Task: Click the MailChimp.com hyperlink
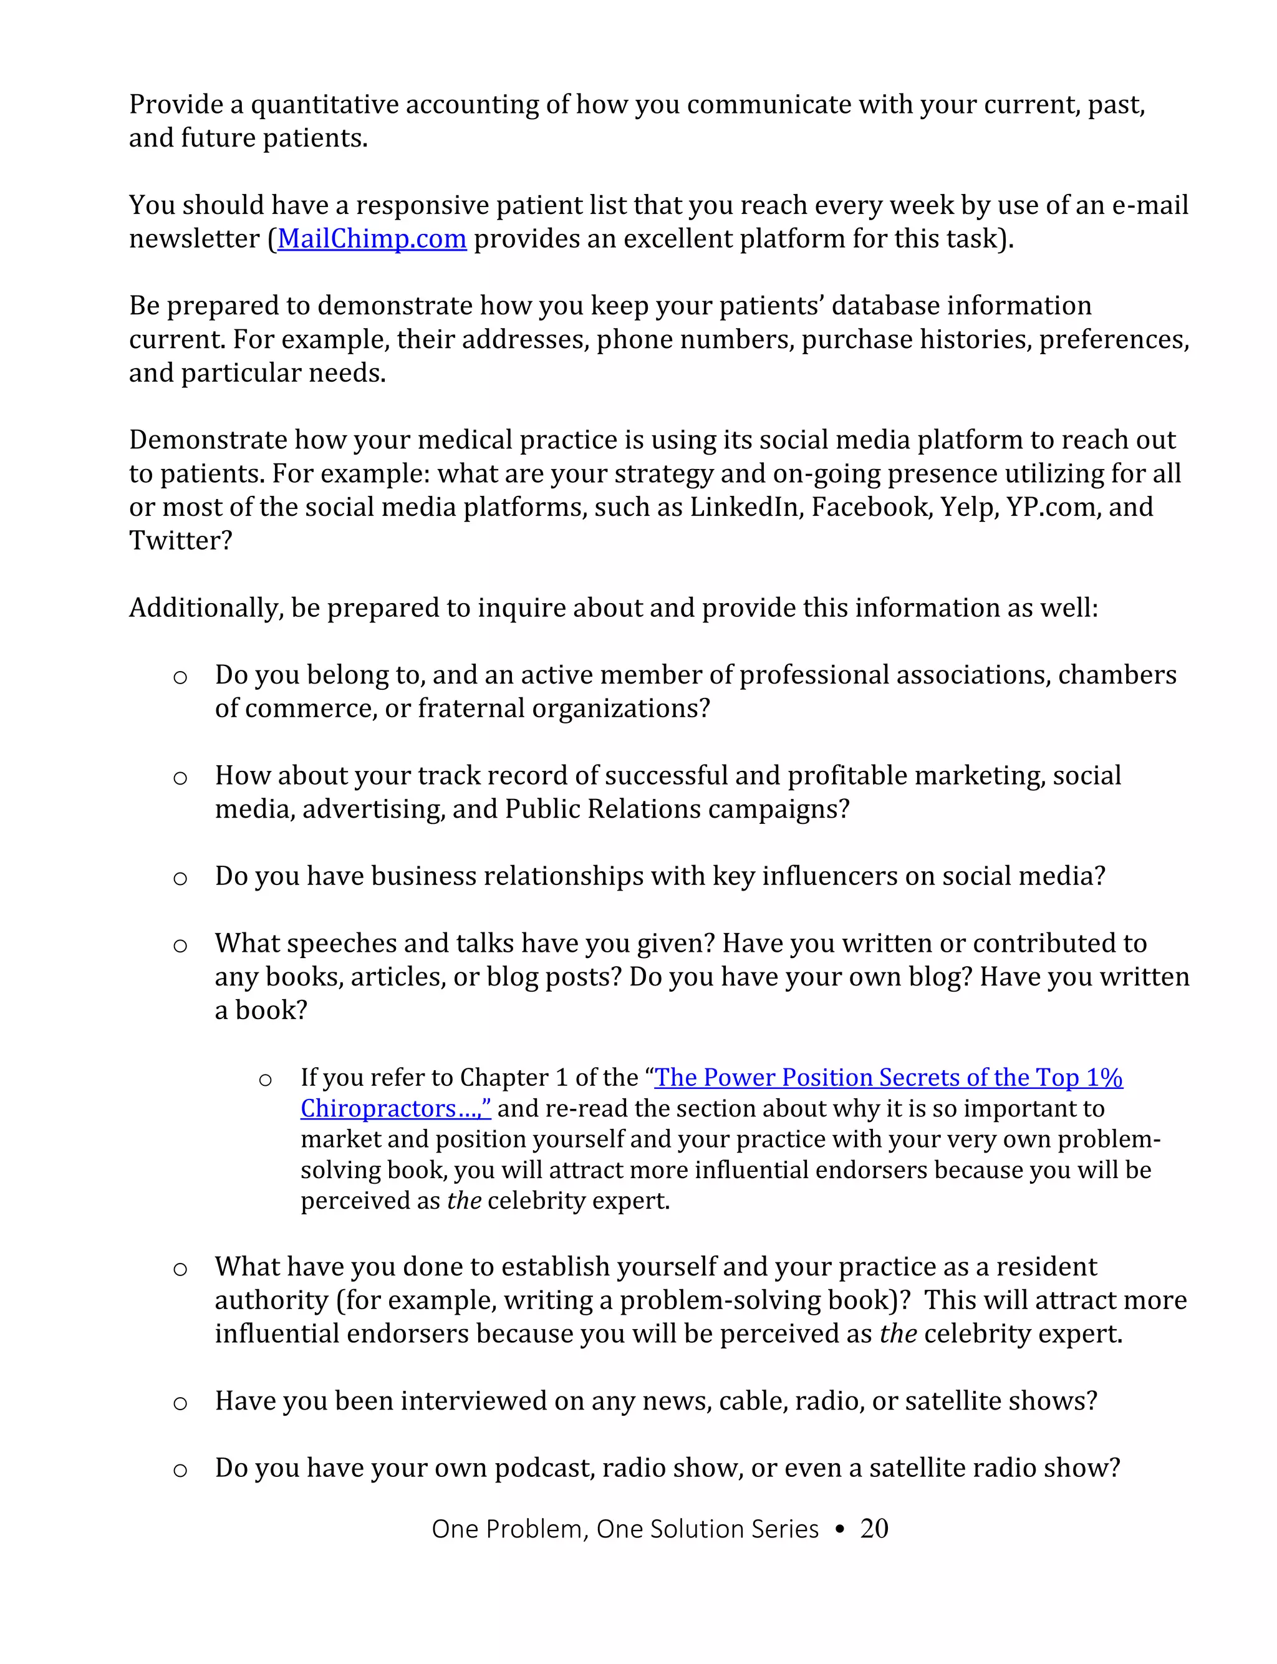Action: point(372,239)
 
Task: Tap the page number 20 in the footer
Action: point(874,1528)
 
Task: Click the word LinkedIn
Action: point(746,507)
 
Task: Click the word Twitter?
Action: point(180,541)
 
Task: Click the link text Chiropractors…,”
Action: point(395,1108)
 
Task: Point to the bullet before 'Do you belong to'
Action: point(180,677)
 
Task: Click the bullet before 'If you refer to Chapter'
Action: point(265,1080)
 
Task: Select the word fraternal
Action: point(471,709)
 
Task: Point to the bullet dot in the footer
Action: point(839,1529)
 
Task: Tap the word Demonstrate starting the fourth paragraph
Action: point(208,440)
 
